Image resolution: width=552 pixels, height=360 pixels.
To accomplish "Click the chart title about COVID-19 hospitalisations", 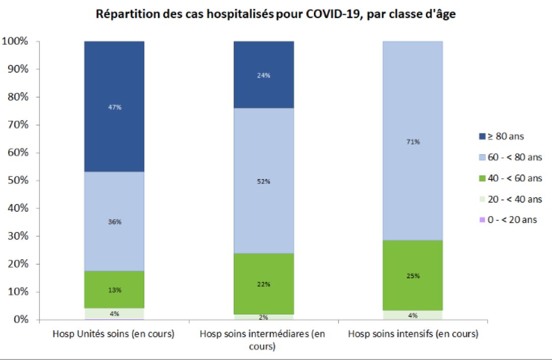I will pos(276,14).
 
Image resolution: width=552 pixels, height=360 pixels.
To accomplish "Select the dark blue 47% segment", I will pos(114,107).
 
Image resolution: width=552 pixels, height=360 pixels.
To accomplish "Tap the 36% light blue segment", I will pos(114,221).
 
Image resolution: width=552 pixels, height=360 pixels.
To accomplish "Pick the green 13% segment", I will pos(114,289).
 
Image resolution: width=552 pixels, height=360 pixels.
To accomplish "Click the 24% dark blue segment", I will pos(263,75).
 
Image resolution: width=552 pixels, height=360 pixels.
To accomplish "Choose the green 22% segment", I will pos(263,284).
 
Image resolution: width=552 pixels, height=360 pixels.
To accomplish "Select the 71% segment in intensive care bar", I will pos(413,142).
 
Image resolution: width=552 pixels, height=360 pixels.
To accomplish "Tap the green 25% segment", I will pos(413,275).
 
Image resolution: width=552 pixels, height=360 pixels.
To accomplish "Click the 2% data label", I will pos(263,318).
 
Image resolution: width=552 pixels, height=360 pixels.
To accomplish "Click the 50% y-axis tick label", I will pos(18,181).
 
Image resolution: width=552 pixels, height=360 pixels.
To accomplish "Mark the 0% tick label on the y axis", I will pos(21,320).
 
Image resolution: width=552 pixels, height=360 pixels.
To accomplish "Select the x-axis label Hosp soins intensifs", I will pos(413,334).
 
